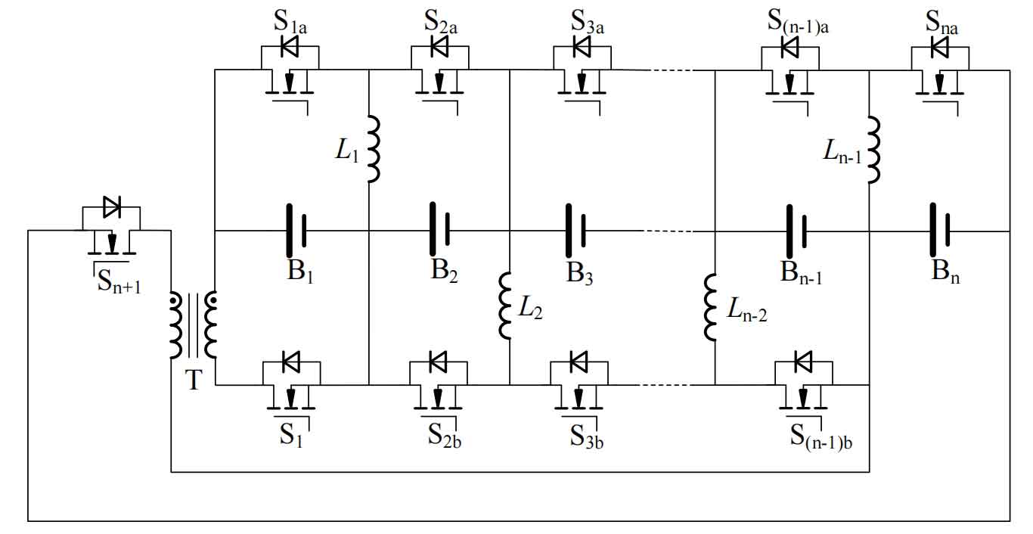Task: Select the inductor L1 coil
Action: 374,149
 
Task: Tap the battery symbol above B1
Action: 296,230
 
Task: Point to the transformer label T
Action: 194,380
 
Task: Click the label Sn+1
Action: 119,281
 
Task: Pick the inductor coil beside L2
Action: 505,306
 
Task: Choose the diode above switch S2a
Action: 439,47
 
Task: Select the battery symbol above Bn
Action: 939,230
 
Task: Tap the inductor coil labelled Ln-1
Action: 874,150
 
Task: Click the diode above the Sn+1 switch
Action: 112,206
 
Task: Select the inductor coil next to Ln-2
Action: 710,307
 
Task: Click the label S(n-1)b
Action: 821,436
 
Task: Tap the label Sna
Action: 941,23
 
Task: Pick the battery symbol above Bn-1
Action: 796,231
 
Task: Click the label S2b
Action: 444,435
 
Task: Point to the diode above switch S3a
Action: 582,47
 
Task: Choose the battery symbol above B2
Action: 439,228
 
